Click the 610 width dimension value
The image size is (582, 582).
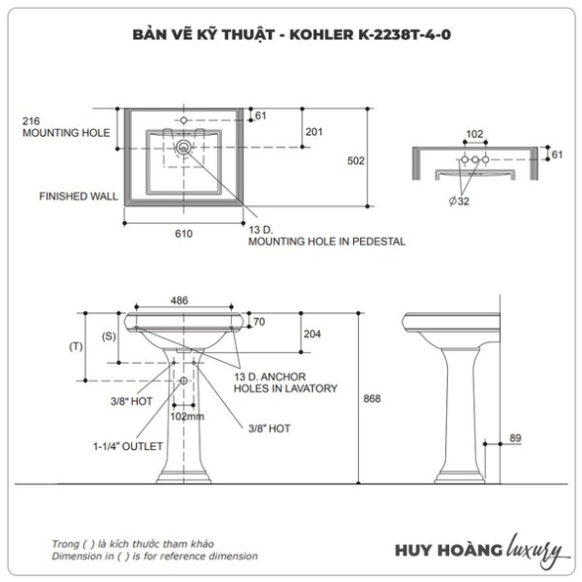point(183,234)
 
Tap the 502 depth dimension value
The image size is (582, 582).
point(356,161)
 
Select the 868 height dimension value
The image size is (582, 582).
point(372,399)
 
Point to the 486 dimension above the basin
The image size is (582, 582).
point(179,300)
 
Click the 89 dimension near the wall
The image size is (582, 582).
point(516,438)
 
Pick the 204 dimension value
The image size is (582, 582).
point(312,334)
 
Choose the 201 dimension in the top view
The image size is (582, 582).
point(314,132)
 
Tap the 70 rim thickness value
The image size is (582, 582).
point(259,322)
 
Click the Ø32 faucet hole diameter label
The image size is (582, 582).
point(459,201)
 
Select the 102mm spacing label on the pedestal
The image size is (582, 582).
point(187,416)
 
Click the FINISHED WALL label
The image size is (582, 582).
point(78,196)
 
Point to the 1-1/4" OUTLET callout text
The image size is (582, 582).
point(128,446)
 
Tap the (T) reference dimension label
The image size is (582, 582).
point(76,347)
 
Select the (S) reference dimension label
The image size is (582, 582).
point(109,336)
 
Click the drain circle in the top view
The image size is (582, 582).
point(183,148)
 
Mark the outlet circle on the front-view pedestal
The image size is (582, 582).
point(183,381)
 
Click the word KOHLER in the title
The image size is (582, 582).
point(321,35)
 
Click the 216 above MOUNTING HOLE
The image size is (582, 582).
point(31,121)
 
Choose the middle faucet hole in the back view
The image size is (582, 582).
point(475,160)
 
